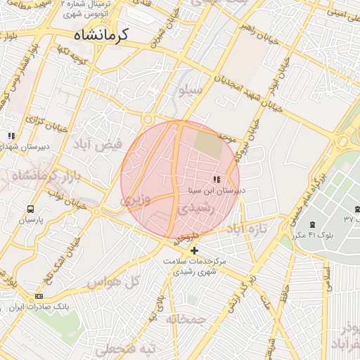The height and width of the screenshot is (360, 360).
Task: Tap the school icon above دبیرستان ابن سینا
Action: click(216, 180)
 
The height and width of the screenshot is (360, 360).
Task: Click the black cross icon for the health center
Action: click(195, 250)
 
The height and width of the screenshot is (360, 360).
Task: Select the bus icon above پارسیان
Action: click(30, 209)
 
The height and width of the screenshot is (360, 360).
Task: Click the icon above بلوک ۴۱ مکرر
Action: click(312, 224)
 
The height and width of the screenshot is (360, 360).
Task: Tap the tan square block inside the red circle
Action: click(207, 145)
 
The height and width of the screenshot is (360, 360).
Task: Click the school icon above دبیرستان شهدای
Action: click(11, 134)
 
